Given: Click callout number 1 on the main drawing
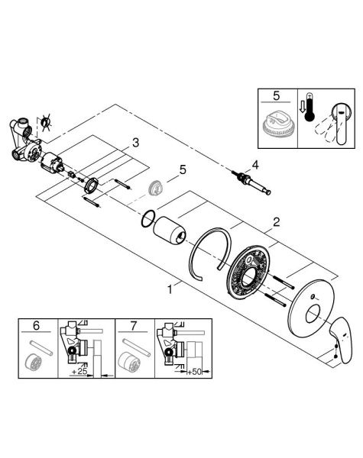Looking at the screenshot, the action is (x=170, y=289).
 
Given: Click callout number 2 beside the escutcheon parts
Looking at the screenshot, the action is (x=276, y=222).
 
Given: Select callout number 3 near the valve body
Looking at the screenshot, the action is (x=135, y=144).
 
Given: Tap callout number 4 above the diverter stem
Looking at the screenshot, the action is (x=255, y=165).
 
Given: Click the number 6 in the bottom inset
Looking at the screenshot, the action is (x=36, y=325).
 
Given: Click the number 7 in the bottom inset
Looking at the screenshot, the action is (x=134, y=325).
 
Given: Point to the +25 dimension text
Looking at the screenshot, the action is (x=79, y=372).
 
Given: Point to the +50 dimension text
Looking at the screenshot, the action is (x=195, y=372).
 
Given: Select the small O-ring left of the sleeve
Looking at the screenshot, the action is (x=148, y=218).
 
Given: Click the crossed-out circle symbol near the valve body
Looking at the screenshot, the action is (x=45, y=123).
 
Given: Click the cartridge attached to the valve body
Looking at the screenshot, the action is (x=52, y=162).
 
